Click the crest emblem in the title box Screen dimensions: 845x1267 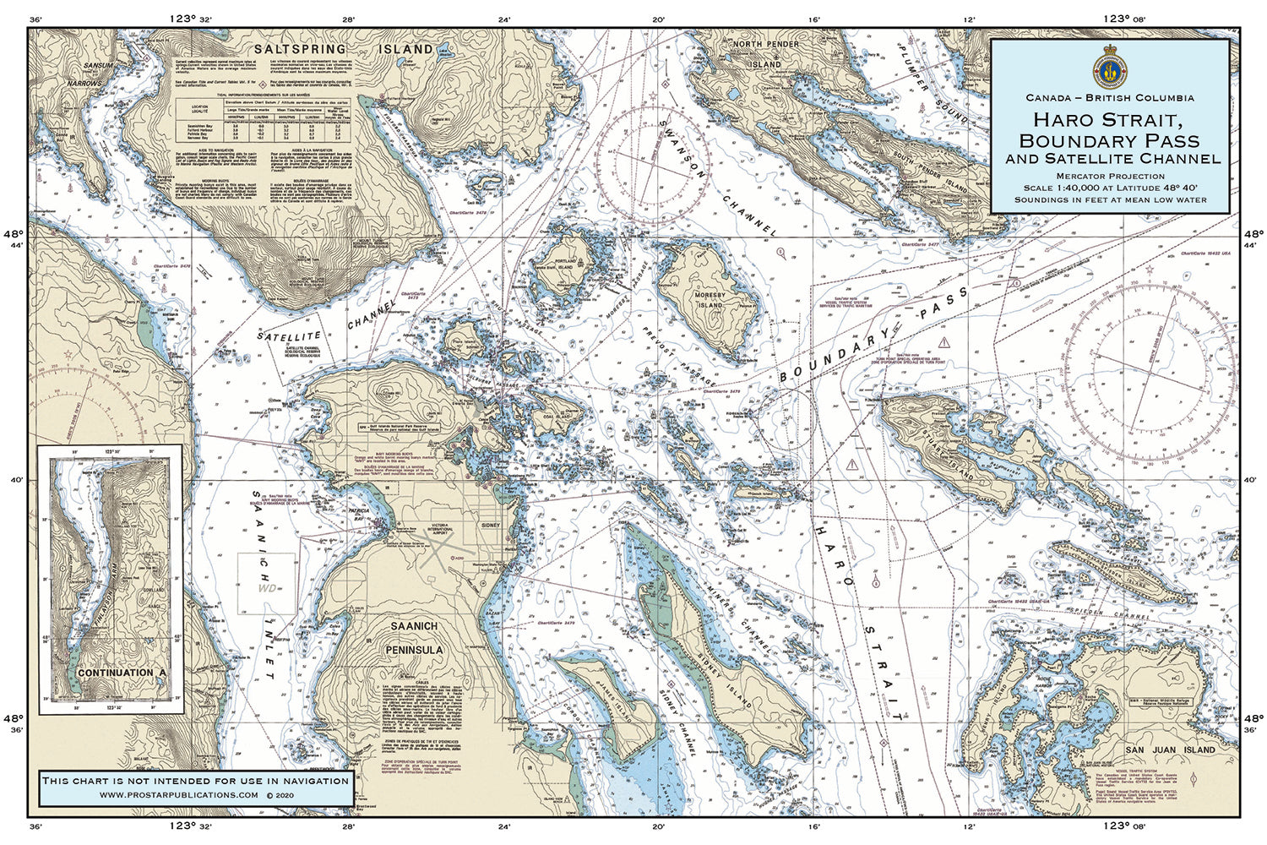click(1109, 68)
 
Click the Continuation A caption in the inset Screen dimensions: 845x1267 click(122, 673)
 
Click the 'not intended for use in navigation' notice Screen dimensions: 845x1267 click(195, 780)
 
